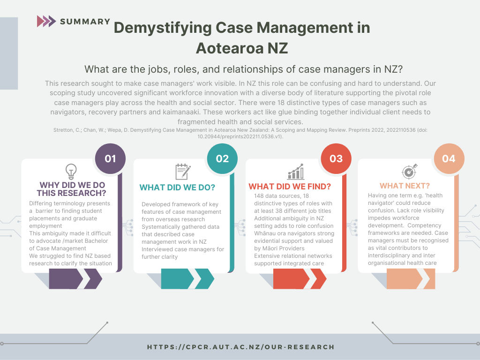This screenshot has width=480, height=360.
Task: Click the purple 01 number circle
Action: coord(110,158)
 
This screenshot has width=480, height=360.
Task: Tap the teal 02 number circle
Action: coord(222,158)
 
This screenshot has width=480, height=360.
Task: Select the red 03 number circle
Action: coord(336,158)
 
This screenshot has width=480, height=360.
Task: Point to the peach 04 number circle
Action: coord(449,158)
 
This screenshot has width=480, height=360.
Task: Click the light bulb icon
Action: coord(71,171)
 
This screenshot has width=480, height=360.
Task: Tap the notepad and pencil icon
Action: coord(183,172)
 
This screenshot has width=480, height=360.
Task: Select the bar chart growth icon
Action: coord(296,172)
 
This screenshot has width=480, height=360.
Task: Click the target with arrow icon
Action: coord(409,172)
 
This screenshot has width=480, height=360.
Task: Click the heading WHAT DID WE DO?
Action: coord(178,187)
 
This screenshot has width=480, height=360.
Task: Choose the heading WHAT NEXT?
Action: coord(405,186)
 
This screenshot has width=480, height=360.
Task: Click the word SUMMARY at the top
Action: coord(85,22)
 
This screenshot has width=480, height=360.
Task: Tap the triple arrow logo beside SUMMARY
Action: coord(46,21)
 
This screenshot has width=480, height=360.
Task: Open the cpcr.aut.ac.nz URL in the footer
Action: coord(241,347)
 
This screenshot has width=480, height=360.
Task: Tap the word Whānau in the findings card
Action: coord(265,233)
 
